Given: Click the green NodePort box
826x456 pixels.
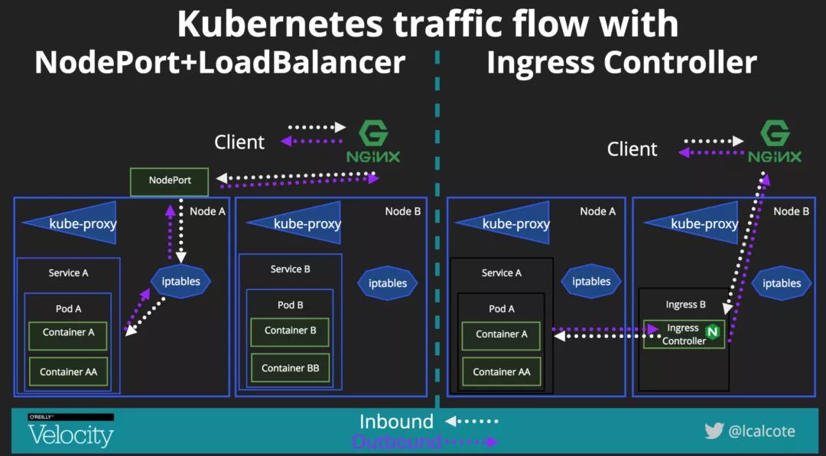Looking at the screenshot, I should pyautogui.click(x=169, y=181).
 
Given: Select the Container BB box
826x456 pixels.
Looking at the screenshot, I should pyautogui.click(x=290, y=368).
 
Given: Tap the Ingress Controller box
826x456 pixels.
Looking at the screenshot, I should pyautogui.click(x=684, y=334).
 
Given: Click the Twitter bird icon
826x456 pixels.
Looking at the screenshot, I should pyautogui.click(x=714, y=431).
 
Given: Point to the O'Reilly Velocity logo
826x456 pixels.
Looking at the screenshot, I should pyautogui.click(x=70, y=431).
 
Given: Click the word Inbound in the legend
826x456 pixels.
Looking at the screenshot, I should pyautogui.click(x=396, y=422).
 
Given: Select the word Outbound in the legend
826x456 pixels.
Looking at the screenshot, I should pyautogui.click(x=396, y=441).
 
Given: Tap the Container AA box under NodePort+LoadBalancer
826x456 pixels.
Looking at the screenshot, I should pyautogui.click(x=68, y=372).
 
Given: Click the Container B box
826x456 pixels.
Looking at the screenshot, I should pyautogui.click(x=290, y=331).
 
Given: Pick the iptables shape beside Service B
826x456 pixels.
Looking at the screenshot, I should pyautogui.click(x=388, y=283).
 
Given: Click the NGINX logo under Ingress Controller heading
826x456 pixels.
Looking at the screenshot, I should pyautogui.click(x=775, y=143).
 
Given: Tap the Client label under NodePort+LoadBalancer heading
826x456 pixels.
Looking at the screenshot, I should pyautogui.click(x=239, y=142).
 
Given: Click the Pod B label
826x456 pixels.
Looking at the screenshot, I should pyautogui.click(x=290, y=305).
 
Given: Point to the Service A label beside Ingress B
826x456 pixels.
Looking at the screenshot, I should pyautogui.click(x=502, y=273).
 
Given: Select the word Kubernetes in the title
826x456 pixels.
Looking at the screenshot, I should pyautogui.click(x=278, y=24).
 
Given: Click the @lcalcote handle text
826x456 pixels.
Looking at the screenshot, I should pyautogui.click(x=762, y=432).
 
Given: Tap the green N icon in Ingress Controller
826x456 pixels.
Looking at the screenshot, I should pyautogui.click(x=713, y=332).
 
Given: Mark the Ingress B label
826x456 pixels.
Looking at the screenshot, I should pyautogui.click(x=685, y=305).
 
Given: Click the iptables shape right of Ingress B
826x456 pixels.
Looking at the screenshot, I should pyautogui.click(x=781, y=283).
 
